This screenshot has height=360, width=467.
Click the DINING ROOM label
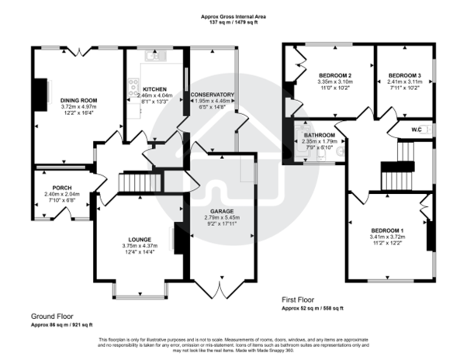click(x=79, y=100)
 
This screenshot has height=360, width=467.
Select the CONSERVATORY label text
click(x=212, y=95)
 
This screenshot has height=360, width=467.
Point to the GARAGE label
click(x=222, y=211)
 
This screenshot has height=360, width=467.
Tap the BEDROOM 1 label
click(x=387, y=230)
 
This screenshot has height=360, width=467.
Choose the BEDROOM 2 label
click(x=335, y=76)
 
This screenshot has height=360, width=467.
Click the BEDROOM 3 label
click(x=404, y=76)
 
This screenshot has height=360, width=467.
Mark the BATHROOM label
click(x=320, y=135)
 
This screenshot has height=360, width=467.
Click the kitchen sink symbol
click(x=156, y=56)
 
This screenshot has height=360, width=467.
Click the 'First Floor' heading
click(x=298, y=300)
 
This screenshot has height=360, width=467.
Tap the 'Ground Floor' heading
click(x=52, y=316)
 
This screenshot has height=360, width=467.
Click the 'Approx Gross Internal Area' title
click(x=233, y=17)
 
